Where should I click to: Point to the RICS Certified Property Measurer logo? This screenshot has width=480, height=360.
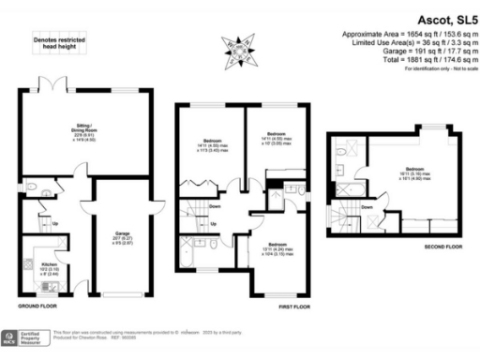(26, 336)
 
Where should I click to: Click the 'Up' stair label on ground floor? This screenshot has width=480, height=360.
(54, 224)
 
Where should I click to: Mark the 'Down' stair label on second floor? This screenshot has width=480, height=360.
(367, 207)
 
